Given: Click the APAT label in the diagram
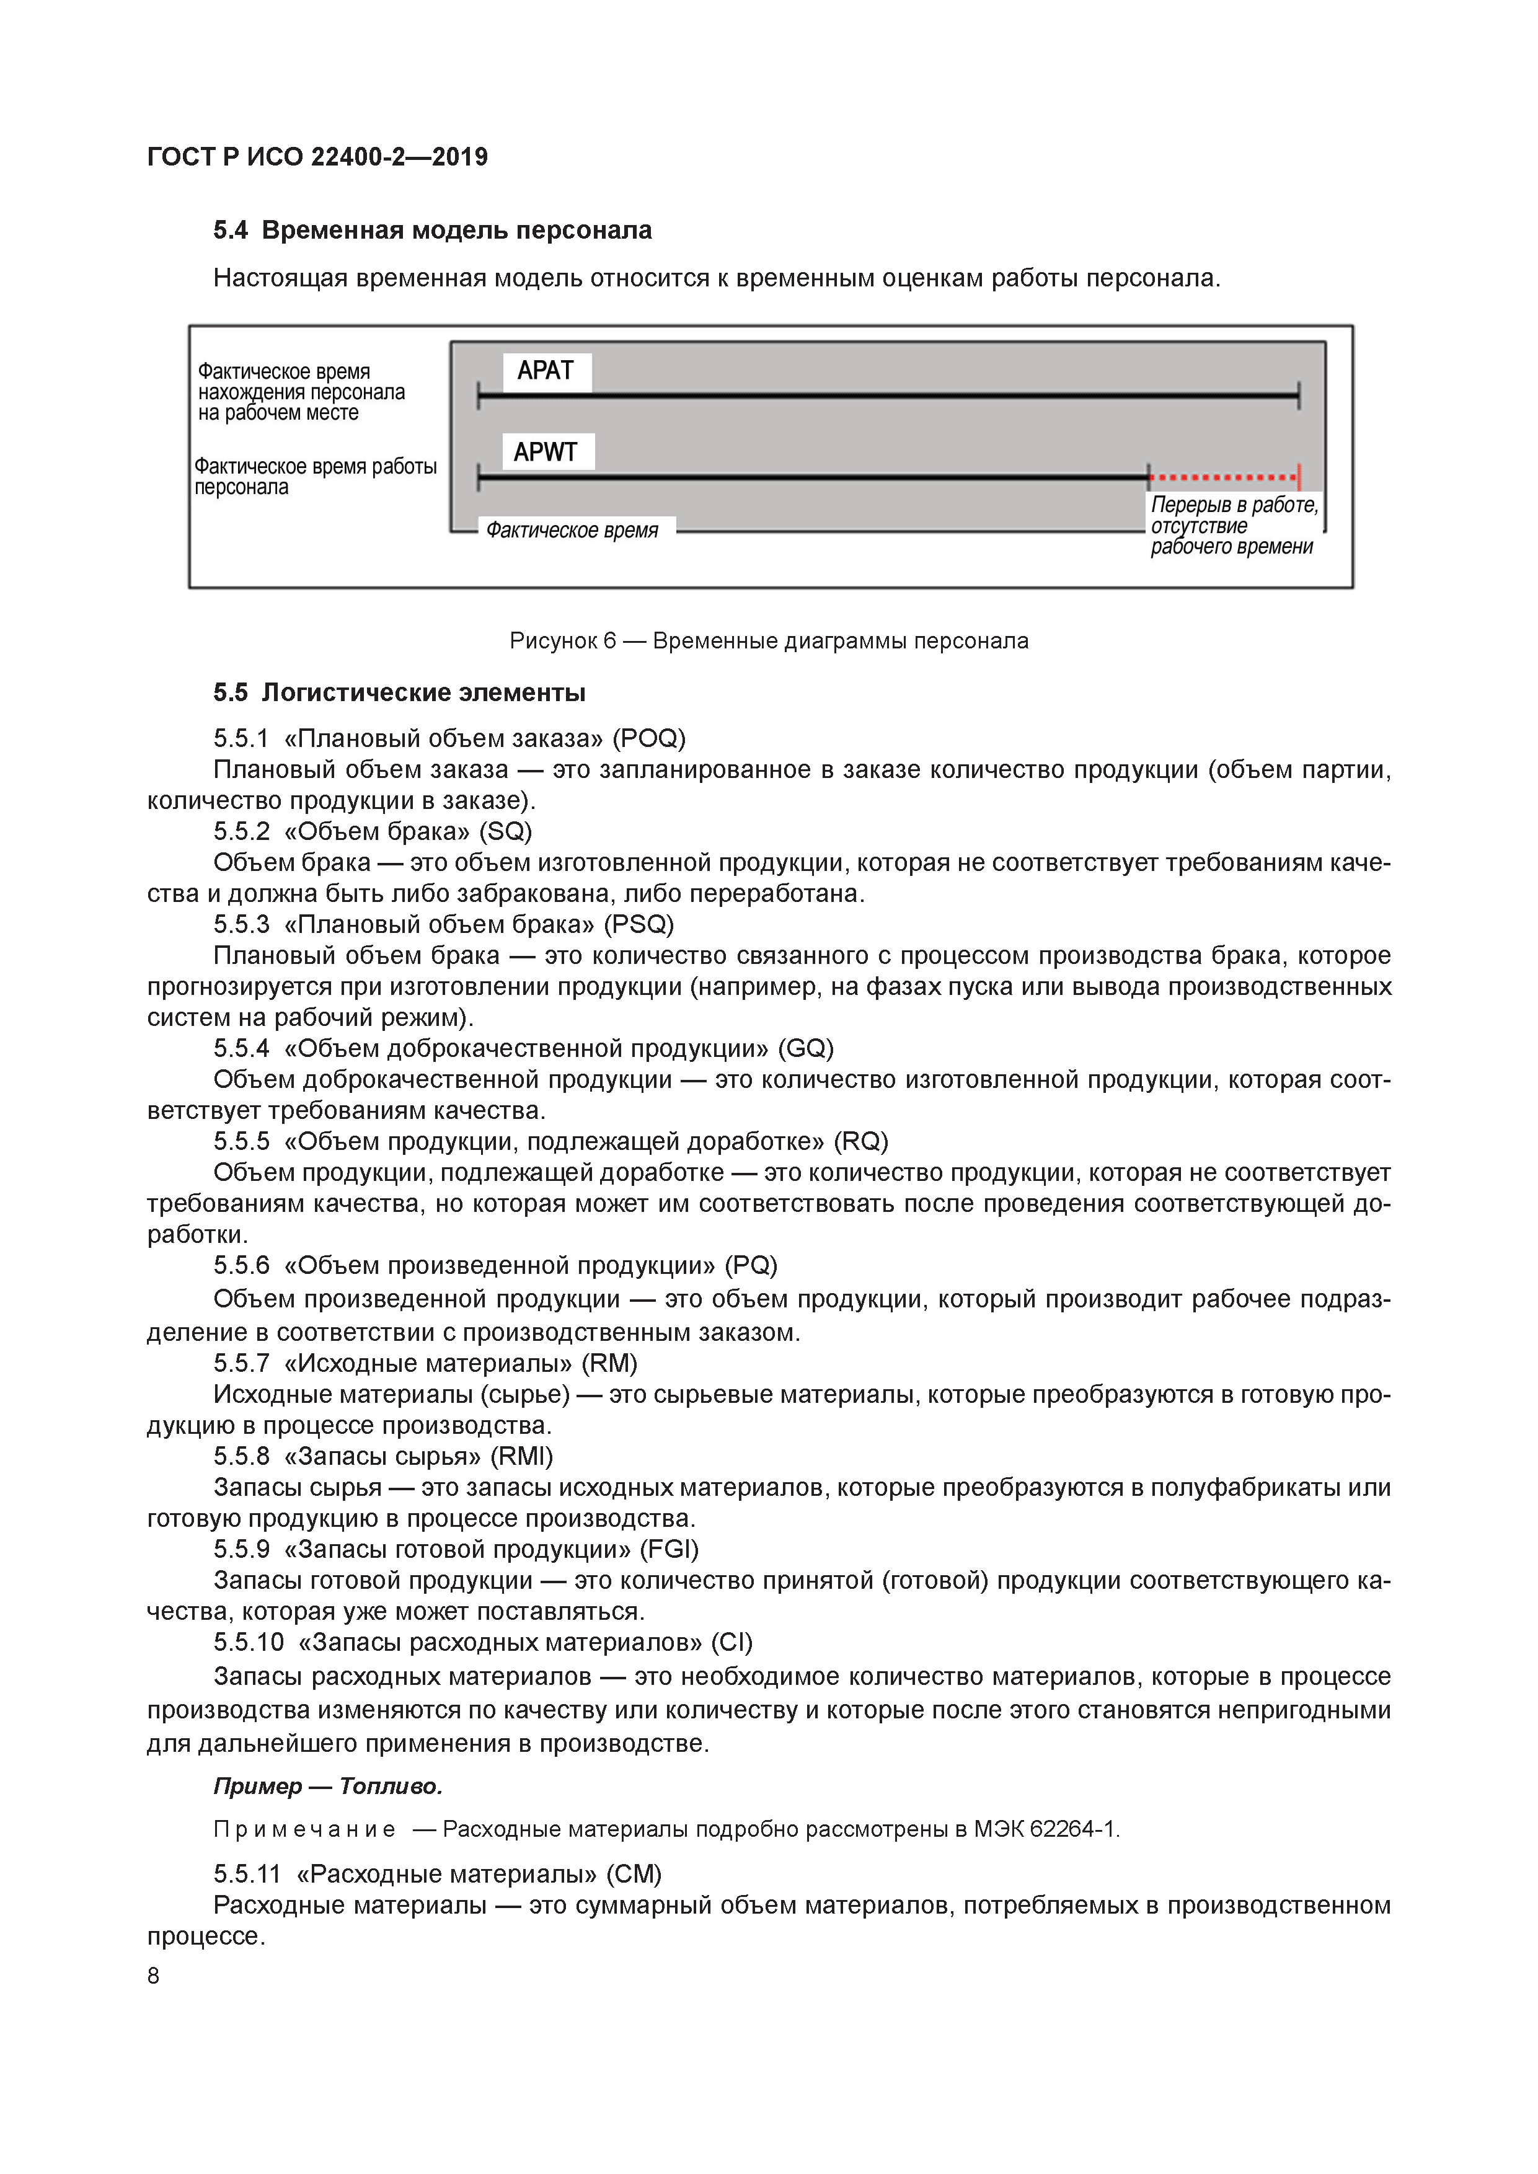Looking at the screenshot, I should (x=546, y=371).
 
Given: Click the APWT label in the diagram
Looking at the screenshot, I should (x=546, y=453).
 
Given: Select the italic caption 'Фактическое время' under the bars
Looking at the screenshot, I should (x=572, y=530).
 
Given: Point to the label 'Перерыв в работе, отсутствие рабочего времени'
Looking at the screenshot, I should (x=1232, y=526).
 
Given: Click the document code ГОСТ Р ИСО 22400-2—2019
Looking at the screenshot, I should (x=317, y=157).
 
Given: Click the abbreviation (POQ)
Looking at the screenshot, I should (x=648, y=738).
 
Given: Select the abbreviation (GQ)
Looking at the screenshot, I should (x=805, y=1048).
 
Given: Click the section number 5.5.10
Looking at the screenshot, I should (x=248, y=1642).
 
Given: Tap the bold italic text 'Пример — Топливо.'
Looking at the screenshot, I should (x=328, y=1787).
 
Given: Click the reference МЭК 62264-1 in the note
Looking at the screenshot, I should (x=1046, y=1829).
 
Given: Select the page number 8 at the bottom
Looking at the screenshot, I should (x=153, y=1976).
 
